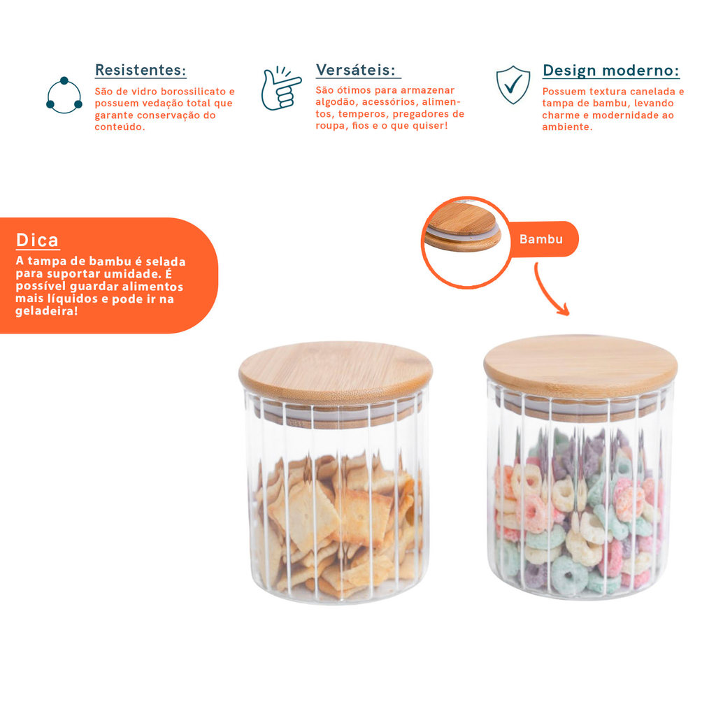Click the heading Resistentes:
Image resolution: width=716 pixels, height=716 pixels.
(141, 70)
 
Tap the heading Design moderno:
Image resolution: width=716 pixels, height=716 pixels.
(611, 71)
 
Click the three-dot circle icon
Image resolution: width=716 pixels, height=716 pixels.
(64, 95)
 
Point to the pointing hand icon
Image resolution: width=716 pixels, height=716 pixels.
(280, 89)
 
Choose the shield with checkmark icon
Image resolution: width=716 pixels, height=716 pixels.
(513, 85)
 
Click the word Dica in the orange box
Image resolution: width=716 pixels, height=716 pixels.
(38, 241)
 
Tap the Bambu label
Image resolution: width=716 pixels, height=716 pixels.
(541, 239)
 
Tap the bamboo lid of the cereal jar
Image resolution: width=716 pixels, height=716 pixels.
(580, 364)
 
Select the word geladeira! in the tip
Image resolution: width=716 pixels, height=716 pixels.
(47, 311)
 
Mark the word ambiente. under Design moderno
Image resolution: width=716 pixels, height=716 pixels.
(567, 127)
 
